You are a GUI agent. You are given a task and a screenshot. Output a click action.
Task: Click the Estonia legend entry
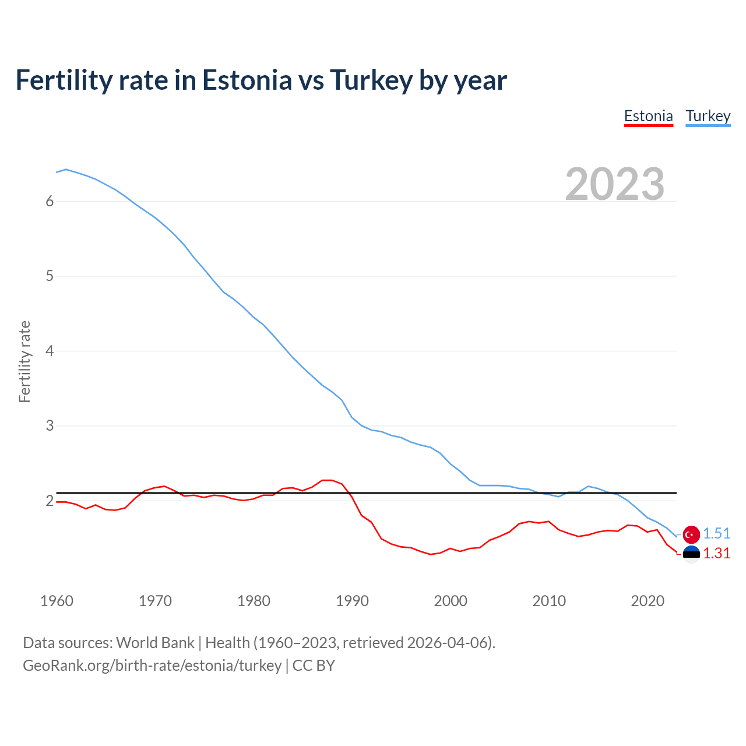(648, 117)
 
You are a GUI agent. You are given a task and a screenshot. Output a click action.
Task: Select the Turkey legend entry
(708, 117)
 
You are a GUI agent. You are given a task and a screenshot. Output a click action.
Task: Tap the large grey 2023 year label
(614, 184)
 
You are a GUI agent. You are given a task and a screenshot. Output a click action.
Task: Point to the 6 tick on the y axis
(50, 201)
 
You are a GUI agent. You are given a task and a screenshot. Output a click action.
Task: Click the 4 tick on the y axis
(50, 351)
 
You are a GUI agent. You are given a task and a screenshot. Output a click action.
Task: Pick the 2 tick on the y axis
(50, 501)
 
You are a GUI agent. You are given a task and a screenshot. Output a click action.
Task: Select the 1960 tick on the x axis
(57, 601)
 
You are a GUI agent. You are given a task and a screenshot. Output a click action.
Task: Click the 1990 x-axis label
(352, 601)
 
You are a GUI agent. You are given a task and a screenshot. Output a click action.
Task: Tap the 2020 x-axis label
(648, 601)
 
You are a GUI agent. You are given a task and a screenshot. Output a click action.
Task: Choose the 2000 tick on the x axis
(451, 601)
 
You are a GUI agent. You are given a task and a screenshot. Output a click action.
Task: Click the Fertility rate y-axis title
(24, 361)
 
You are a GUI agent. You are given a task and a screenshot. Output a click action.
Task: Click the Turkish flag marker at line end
(691, 534)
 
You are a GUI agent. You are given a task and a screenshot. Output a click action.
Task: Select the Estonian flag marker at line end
(691, 554)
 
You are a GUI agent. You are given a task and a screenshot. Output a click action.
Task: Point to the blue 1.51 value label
(716, 534)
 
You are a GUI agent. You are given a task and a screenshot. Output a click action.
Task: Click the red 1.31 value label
(716, 554)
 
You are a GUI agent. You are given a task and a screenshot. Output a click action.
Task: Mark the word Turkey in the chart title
(371, 80)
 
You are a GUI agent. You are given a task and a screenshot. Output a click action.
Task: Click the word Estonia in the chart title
(247, 80)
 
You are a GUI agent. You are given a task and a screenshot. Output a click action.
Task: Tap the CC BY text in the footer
(314, 666)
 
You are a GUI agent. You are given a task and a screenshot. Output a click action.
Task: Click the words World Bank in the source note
(155, 643)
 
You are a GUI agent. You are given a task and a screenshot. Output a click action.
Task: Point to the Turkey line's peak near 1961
(66, 169)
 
